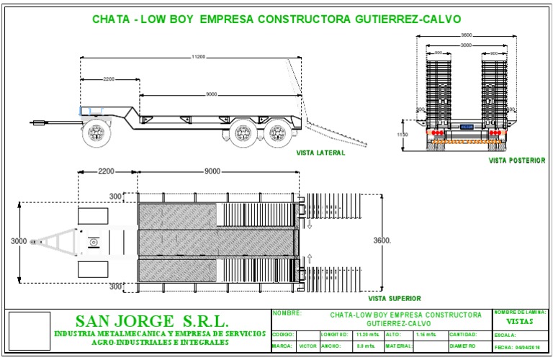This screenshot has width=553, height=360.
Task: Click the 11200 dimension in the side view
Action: (199, 57)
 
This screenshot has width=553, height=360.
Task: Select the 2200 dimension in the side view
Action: (108, 78)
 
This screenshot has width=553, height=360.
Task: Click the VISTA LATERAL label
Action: (320, 153)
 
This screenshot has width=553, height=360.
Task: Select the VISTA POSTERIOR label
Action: (516, 160)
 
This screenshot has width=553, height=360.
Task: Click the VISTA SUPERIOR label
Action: (394, 297)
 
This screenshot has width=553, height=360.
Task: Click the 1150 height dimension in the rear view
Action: (403, 135)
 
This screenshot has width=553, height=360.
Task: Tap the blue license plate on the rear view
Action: (467, 127)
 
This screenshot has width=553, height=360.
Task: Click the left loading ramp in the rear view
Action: (438, 94)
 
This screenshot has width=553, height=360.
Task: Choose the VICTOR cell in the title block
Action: (307, 346)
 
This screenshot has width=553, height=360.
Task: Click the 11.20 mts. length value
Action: (367, 335)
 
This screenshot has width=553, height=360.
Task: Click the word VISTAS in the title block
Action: (520, 322)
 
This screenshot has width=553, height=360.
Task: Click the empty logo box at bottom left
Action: (27, 331)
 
